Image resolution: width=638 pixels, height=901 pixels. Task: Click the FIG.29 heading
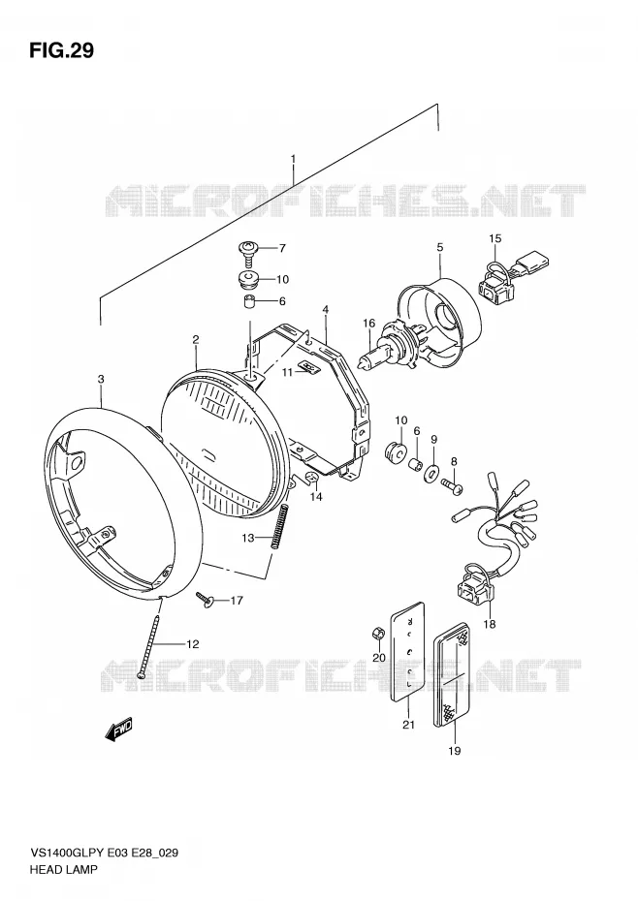point(61,50)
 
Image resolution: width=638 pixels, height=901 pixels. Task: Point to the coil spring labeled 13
point(280,525)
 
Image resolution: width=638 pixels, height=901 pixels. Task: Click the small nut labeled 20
point(377,635)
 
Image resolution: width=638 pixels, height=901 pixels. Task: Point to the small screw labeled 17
point(205,600)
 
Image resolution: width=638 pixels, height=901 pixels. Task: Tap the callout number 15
point(494,238)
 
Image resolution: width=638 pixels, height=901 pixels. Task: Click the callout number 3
point(101,379)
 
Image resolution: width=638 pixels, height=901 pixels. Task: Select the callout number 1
point(293,158)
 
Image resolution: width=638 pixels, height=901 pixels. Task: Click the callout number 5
point(439,247)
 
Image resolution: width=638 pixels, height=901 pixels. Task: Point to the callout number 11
point(288,372)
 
